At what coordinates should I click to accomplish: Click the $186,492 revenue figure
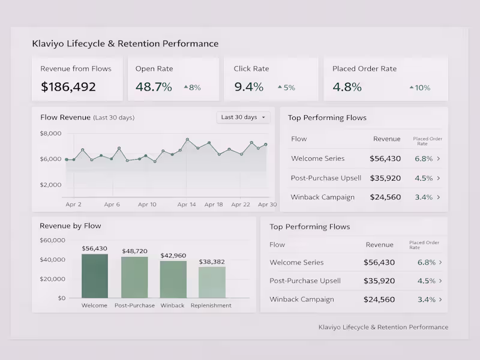click(68, 87)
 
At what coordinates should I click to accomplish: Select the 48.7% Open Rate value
click(154, 87)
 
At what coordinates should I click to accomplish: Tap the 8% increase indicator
click(192, 88)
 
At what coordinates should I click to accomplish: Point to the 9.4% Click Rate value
click(248, 87)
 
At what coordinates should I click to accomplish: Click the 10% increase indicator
click(420, 88)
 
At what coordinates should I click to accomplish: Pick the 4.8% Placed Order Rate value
click(347, 87)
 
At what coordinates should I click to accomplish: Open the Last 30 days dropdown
click(244, 117)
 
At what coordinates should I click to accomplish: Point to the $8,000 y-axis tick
click(50, 133)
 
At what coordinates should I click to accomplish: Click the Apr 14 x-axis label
click(187, 205)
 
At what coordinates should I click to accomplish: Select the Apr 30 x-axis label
click(267, 205)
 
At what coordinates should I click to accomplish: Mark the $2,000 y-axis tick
click(50, 185)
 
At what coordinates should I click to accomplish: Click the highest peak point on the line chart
click(187, 140)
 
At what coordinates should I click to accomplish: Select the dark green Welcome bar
click(95, 276)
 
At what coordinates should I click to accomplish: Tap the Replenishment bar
click(212, 282)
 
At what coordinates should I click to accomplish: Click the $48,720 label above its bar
click(134, 251)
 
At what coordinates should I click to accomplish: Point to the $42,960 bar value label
click(173, 256)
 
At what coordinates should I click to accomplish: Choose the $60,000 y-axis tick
click(52, 241)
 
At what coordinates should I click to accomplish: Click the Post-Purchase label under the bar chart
click(134, 305)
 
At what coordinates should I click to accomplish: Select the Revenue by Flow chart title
click(70, 226)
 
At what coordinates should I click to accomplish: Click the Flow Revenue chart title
click(65, 117)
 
